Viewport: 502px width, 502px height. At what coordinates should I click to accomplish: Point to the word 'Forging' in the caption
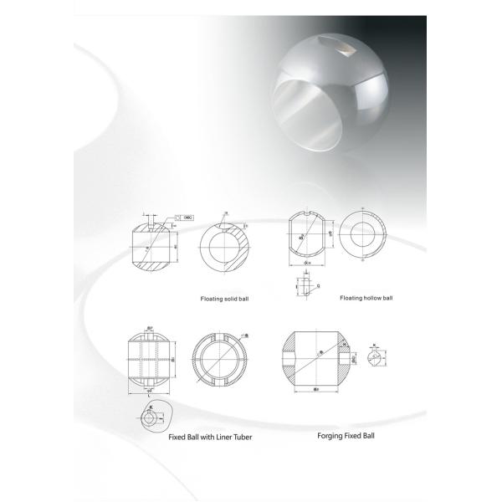(332, 436)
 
